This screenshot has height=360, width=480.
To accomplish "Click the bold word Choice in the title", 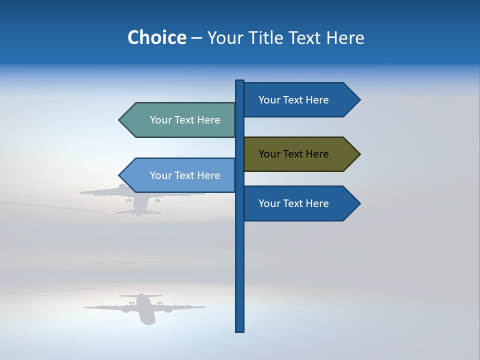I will point(156,37).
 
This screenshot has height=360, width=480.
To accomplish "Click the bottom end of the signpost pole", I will point(240,330).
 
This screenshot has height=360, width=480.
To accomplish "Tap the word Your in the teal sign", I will point(160,120).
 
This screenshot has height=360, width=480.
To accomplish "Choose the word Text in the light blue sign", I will point(185,175).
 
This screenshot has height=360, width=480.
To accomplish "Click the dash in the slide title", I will point(196,38).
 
